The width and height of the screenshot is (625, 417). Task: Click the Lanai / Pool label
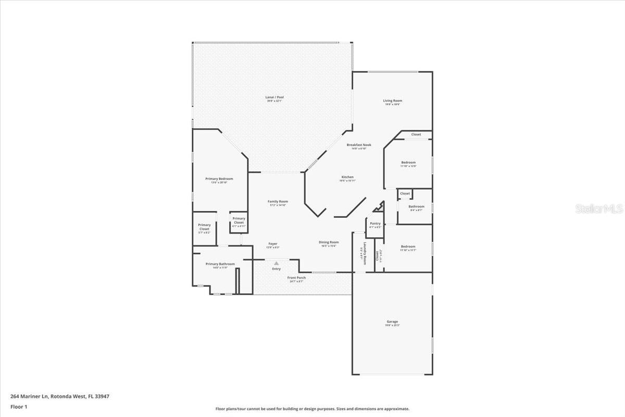(275, 97)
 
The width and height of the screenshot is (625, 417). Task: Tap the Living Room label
(393, 101)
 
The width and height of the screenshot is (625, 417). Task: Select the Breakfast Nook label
(359, 145)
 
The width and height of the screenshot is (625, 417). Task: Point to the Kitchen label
(347, 177)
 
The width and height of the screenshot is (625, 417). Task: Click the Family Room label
(278, 202)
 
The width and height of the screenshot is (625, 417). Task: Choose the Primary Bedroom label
(219, 179)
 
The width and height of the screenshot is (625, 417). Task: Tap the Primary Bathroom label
(220, 264)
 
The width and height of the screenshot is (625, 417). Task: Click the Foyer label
(273, 243)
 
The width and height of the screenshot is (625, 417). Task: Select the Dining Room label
(329, 242)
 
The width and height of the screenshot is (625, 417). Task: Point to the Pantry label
(375, 223)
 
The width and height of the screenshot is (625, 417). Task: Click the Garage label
(392, 322)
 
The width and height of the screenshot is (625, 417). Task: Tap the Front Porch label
(296, 278)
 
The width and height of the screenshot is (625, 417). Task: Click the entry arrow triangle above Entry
(276, 264)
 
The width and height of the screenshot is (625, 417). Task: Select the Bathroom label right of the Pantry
(416, 206)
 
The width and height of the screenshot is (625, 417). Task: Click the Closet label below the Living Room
(416, 134)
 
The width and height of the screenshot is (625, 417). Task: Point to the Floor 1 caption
(19, 407)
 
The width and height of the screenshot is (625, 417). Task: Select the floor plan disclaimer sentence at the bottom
(312, 409)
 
